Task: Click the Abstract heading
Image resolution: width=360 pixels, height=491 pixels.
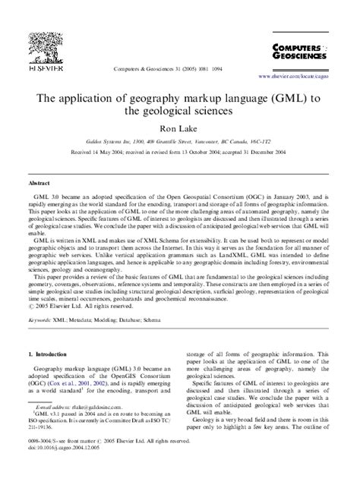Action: tap(39, 183)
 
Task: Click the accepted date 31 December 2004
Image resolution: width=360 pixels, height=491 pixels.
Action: tap(267, 153)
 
